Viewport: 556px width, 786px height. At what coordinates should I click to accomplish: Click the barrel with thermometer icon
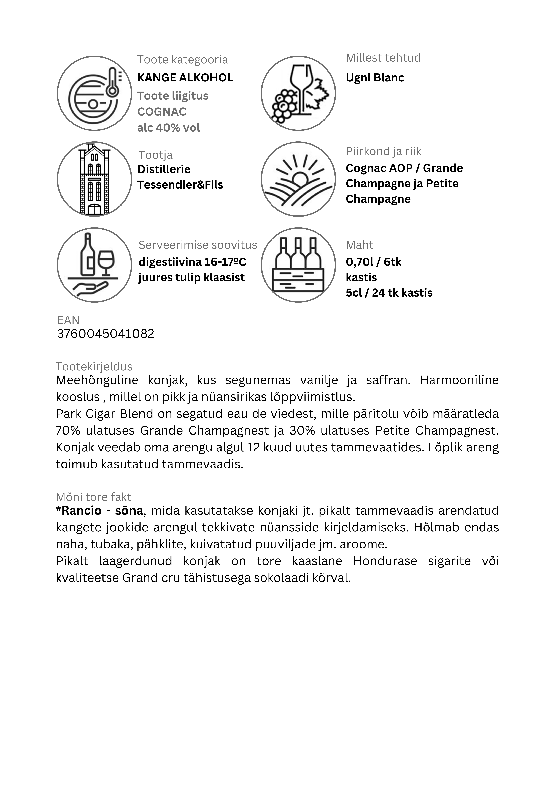click(x=94, y=93)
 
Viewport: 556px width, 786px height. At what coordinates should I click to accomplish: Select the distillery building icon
click(x=94, y=179)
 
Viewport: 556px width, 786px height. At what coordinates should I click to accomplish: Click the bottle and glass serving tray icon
click(x=94, y=265)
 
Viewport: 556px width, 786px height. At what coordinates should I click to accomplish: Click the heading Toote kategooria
click(x=183, y=60)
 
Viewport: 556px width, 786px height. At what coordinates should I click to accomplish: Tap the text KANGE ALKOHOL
click(x=185, y=78)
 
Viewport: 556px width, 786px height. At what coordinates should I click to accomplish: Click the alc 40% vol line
click(x=169, y=128)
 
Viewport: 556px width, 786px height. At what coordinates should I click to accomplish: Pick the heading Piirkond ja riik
click(x=383, y=151)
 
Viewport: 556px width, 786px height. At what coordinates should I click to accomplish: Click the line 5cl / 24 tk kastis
click(x=389, y=293)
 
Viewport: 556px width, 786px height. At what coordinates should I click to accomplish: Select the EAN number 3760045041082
click(x=106, y=333)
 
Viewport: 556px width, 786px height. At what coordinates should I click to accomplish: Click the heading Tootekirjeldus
click(x=94, y=367)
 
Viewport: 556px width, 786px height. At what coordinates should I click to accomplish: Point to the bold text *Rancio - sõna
click(x=99, y=510)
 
